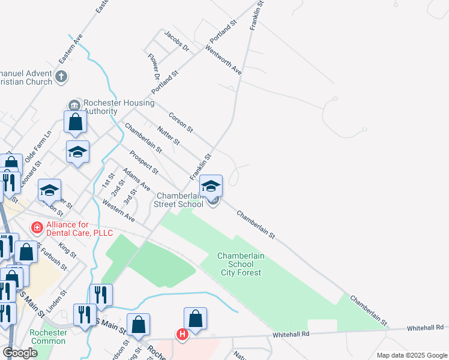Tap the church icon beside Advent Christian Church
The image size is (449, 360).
(x=61, y=77)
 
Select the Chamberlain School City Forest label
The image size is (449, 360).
(x=240, y=264)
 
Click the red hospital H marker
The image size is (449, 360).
(x=181, y=334)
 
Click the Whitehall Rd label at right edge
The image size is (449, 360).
(x=427, y=328)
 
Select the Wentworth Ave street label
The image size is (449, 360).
(x=223, y=59)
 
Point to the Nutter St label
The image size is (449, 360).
(x=168, y=136)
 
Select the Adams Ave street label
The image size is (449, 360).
(x=136, y=180)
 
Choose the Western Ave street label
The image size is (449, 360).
(x=118, y=211)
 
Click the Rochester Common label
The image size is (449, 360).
(x=48, y=337)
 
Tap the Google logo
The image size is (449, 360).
(x=20, y=353)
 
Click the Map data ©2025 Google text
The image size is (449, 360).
(x=412, y=355)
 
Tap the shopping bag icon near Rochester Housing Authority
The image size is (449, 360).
(x=76, y=122)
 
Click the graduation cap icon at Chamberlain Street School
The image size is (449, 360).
(x=211, y=186)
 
